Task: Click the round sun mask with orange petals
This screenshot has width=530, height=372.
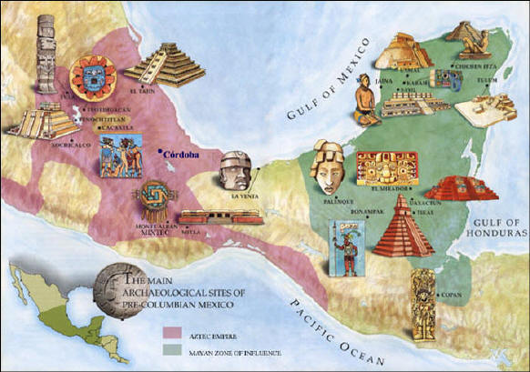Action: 91,77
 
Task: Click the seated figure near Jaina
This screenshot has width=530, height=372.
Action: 365,100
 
